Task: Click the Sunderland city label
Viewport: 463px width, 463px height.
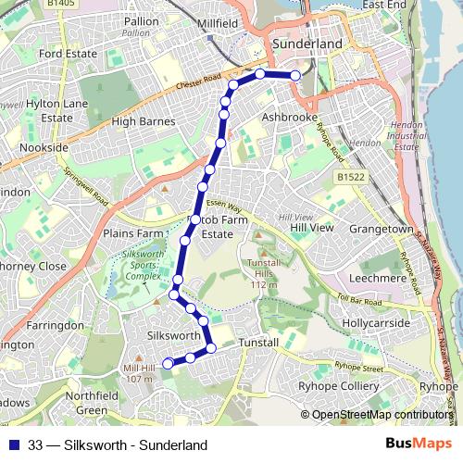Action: [x=305, y=44]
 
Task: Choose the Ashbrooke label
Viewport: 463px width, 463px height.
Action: [x=291, y=119]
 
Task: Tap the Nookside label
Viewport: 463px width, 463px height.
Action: [x=44, y=147]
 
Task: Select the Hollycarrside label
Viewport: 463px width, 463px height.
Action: [x=376, y=323]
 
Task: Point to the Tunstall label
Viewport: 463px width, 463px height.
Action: [x=258, y=343]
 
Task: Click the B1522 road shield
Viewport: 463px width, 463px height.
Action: [x=350, y=176]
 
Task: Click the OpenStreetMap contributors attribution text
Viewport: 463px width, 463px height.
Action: [x=382, y=415]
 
